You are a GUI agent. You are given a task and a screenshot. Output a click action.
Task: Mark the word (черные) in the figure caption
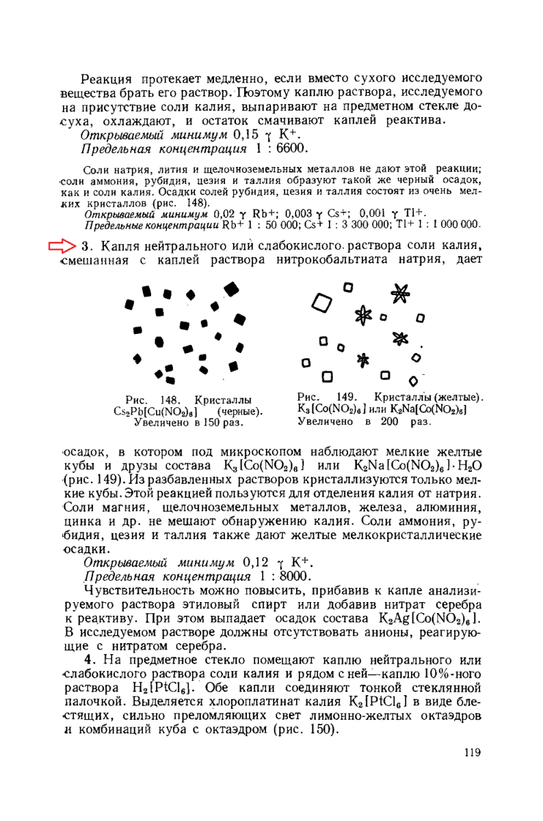point(240,411)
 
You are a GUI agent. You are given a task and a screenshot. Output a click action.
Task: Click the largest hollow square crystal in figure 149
point(321,301)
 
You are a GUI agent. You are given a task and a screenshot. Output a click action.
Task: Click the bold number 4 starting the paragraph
point(88,660)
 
